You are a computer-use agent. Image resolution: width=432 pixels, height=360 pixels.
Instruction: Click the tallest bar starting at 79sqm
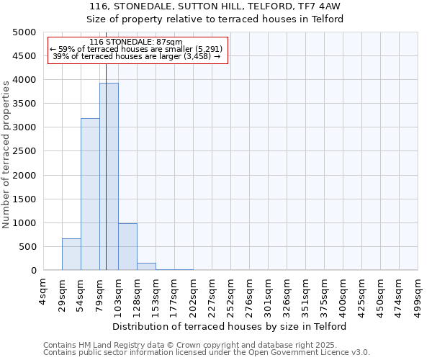[109, 176]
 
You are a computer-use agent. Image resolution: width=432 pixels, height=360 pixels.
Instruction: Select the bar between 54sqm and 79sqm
[90, 194]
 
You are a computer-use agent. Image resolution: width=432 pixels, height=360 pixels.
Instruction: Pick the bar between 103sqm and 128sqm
[127, 247]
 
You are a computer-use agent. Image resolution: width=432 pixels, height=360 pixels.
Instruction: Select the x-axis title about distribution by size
[230, 326]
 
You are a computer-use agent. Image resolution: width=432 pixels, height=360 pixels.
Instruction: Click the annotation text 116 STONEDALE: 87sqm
[137, 42]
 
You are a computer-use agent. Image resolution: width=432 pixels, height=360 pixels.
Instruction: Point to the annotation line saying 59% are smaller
[137, 49]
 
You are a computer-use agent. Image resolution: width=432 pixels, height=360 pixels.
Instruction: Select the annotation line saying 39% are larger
[137, 56]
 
